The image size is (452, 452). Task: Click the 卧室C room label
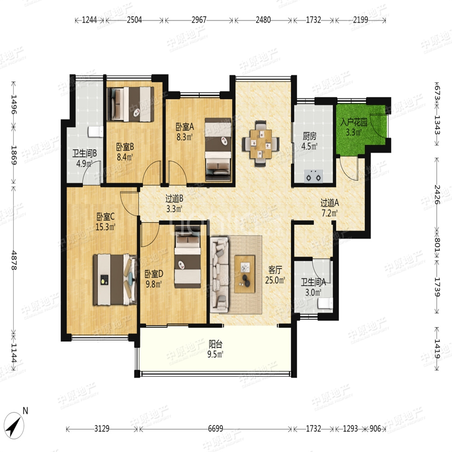105,216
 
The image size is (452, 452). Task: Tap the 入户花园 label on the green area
354,122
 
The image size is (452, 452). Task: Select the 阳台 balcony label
215,344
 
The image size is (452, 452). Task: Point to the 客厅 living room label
275,270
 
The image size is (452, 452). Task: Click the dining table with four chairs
261,144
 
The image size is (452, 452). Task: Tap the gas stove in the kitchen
313,176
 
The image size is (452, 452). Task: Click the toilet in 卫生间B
96,132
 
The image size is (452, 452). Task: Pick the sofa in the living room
219,274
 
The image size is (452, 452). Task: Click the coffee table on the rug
245,274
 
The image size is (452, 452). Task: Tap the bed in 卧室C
115,279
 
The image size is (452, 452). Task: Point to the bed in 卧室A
218,149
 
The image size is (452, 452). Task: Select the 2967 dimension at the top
199,20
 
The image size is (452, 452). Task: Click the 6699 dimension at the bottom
215,428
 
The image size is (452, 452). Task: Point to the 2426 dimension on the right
438,194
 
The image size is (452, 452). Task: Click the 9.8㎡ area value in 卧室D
154,284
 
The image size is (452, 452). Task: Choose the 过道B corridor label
174,198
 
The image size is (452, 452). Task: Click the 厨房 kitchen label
309,136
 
